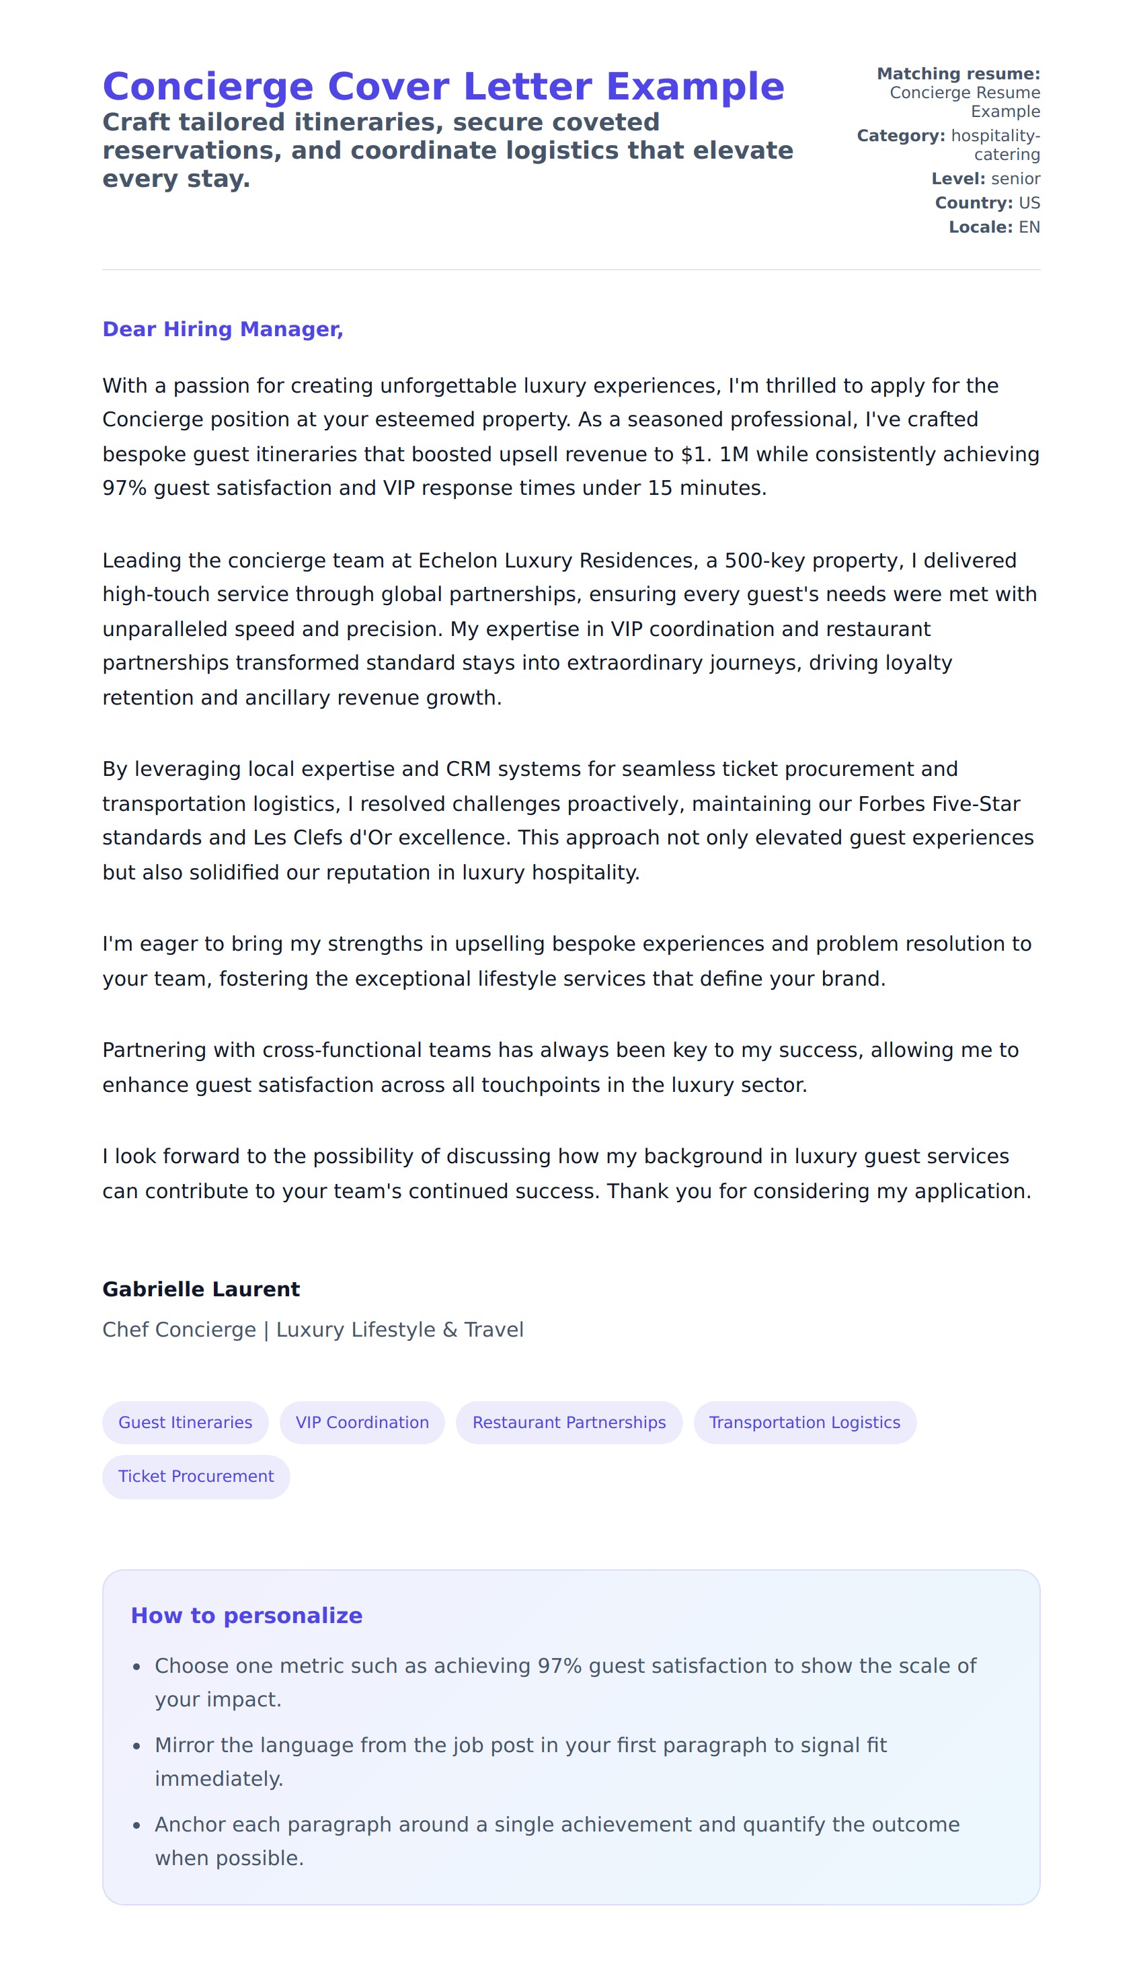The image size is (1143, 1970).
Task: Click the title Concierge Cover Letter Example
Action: coord(443,86)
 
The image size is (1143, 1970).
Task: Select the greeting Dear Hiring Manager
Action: coord(223,329)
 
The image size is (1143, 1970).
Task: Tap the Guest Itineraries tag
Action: coord(186,1422)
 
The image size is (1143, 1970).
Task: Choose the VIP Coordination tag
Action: coord(362,1422)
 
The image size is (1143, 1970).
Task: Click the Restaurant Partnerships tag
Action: coord(569,1422)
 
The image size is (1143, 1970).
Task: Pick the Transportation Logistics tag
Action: coord(805,1422)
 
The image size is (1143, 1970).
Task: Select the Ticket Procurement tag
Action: coord(196,1476)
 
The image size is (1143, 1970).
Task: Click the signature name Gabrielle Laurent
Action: coord(201,1289)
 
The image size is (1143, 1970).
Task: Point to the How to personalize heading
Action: coord(246,1615)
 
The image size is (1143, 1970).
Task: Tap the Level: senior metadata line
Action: coord(985,179)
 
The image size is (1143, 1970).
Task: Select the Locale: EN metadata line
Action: coord(994,227)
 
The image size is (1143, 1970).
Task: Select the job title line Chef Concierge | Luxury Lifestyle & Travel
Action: coord(313,1330)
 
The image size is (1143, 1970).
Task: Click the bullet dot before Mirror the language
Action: coord(136,1745)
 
